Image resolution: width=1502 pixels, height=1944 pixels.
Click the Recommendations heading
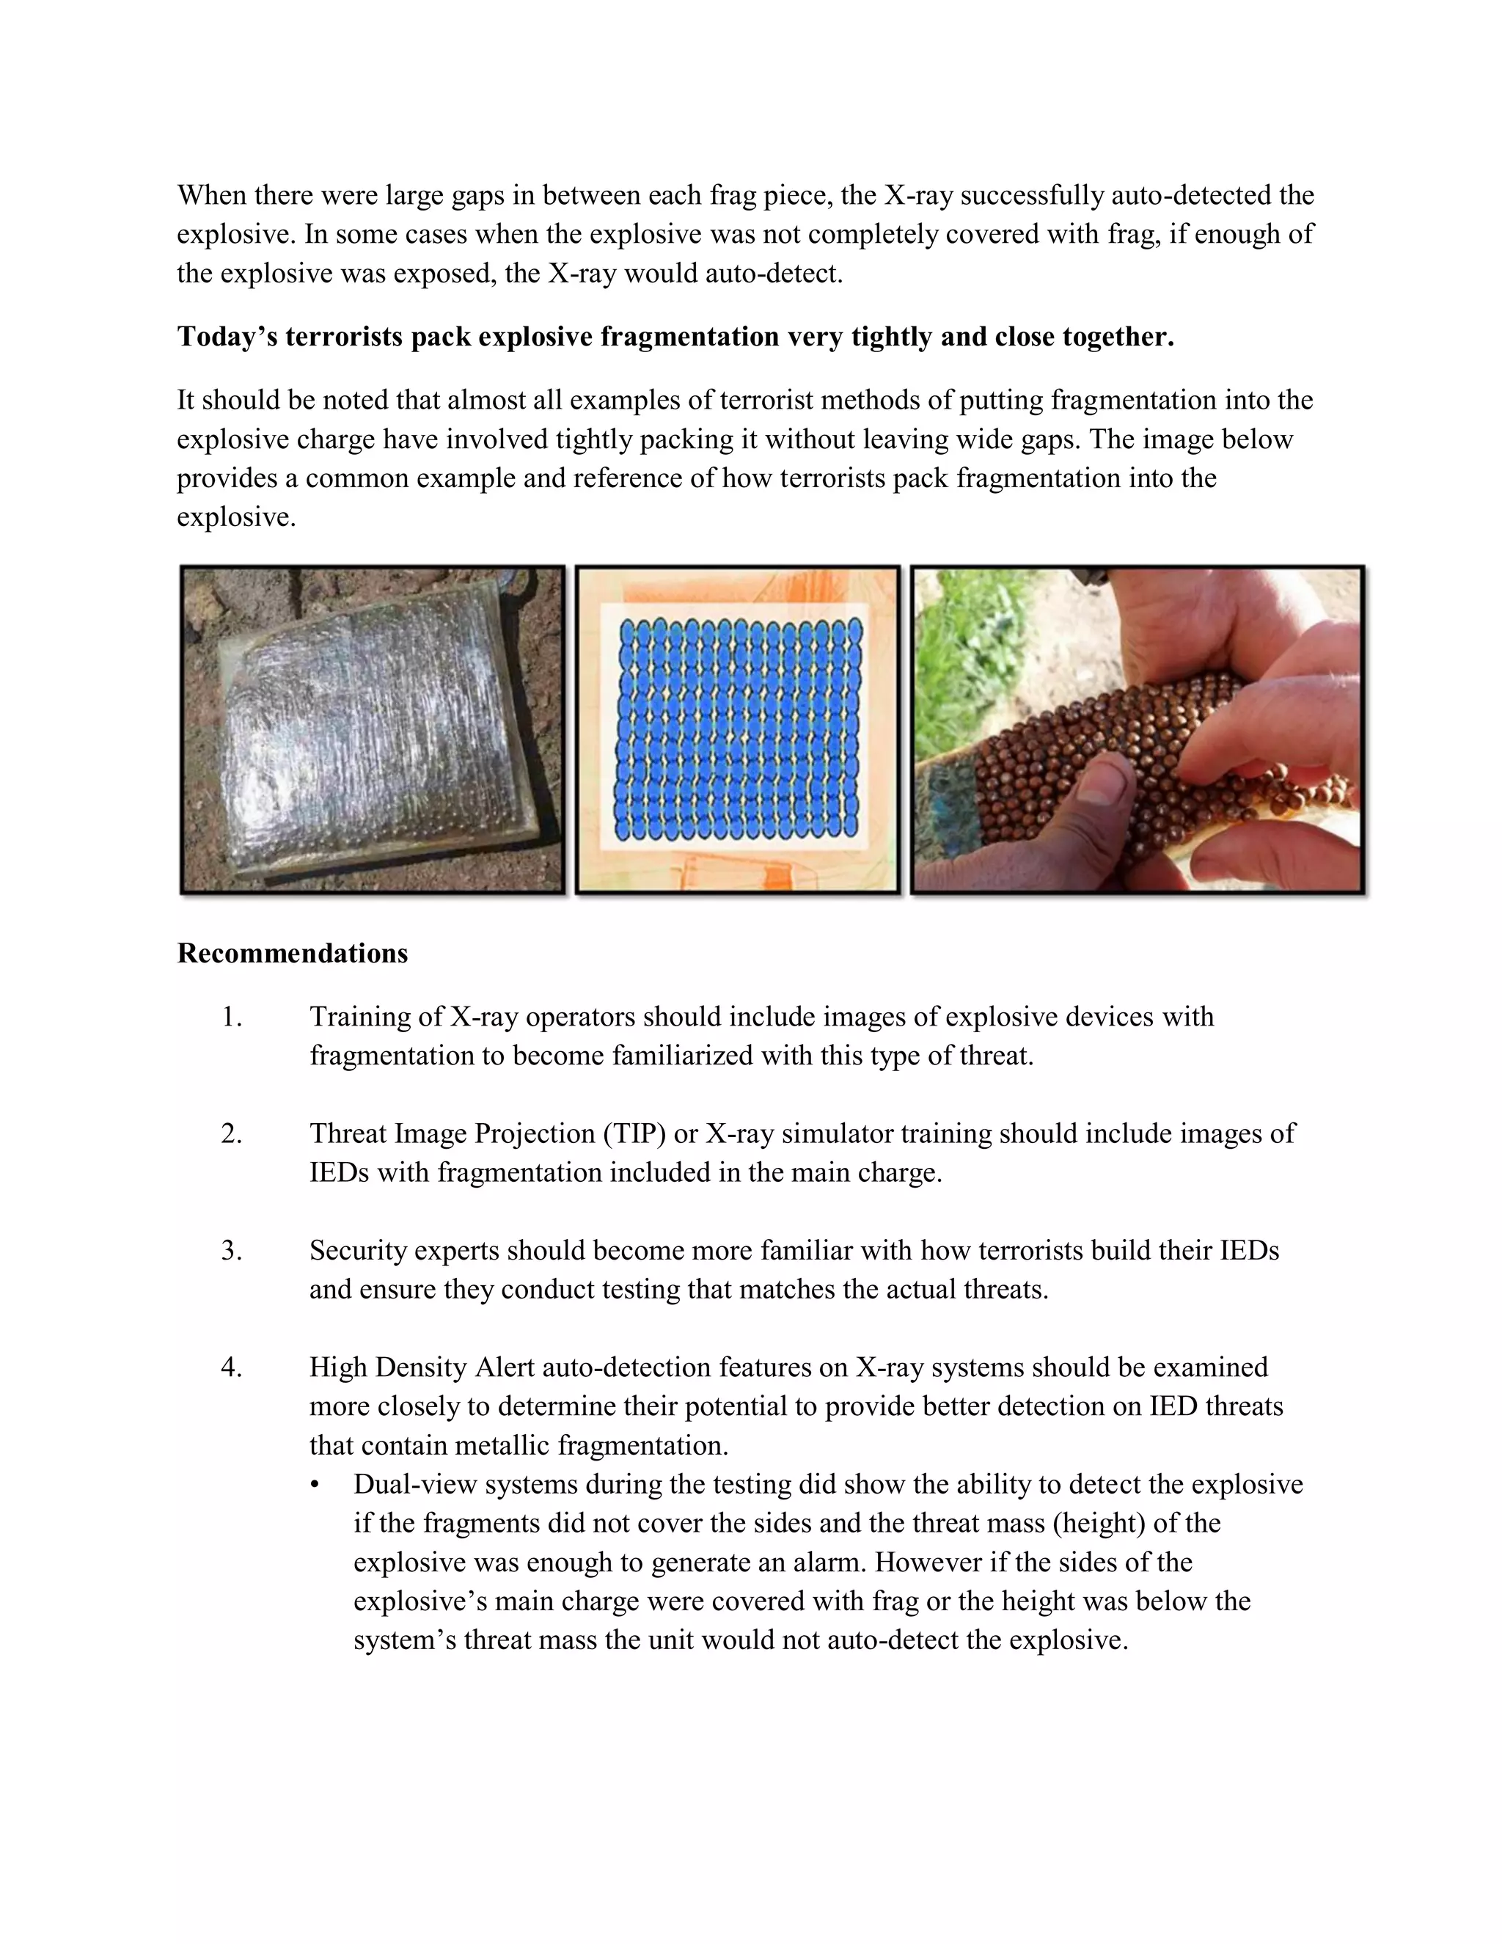(x=292, y=954)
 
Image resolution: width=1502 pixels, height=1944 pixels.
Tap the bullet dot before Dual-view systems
(x=315, y=1486)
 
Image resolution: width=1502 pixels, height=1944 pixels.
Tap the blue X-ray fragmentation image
(x=738, y=730)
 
